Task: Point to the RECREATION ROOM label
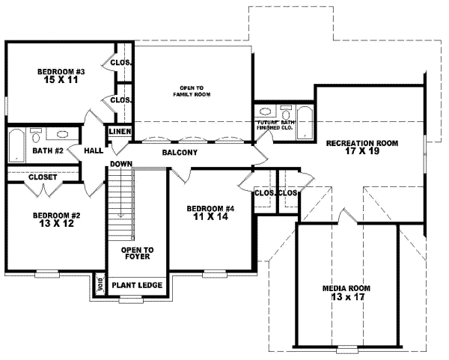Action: (361, 142)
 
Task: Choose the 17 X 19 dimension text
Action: (361, 151)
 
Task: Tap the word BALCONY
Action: (179, 153)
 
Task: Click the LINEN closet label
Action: (120, 132)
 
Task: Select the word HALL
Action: (93, 150)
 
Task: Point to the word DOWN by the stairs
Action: (120, 164)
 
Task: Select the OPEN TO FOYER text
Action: (138, 254)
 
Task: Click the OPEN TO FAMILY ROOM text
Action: (192, 91)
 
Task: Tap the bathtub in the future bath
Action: (302, 125)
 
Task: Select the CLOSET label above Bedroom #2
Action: (41, 177)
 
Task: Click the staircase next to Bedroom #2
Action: (120, 202)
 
